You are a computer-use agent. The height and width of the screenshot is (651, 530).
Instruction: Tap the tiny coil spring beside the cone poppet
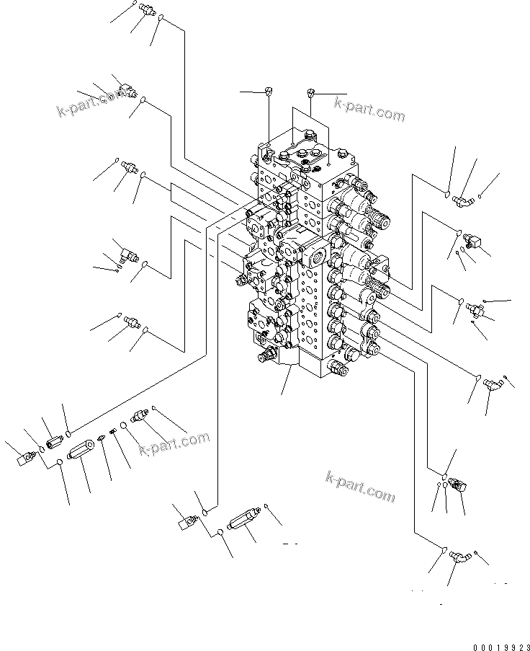pos(113,433)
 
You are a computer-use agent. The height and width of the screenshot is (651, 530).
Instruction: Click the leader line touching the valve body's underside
pos(287,378)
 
